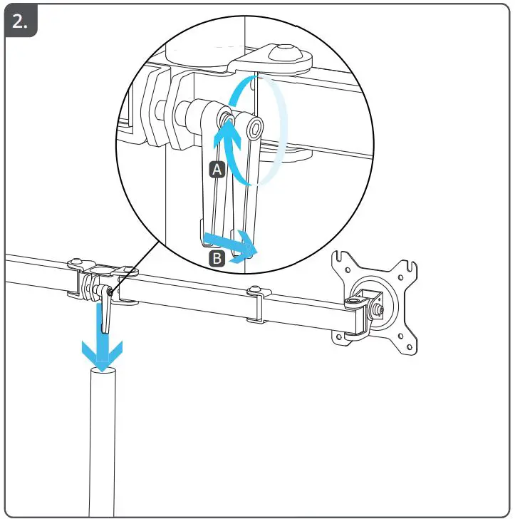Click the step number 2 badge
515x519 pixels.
pos(21,22)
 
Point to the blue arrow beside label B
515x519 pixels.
pos(238,244)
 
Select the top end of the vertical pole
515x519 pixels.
pos(103,372)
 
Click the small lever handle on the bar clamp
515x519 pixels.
pos(106,314)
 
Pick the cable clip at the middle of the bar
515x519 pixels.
pos(257,304)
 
